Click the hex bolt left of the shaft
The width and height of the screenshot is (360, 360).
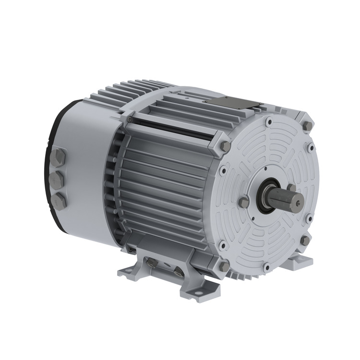click(x=244, y=202)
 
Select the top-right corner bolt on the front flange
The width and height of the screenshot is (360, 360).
click(x=308, y=126)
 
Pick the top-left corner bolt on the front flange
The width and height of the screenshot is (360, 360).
click(x=226, y=145)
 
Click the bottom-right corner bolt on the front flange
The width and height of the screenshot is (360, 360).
click(x=305, y=240)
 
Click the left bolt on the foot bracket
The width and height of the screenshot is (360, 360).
click(x=152, y=263)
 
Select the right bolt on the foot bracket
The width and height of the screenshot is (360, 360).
click(x=179, y=272)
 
